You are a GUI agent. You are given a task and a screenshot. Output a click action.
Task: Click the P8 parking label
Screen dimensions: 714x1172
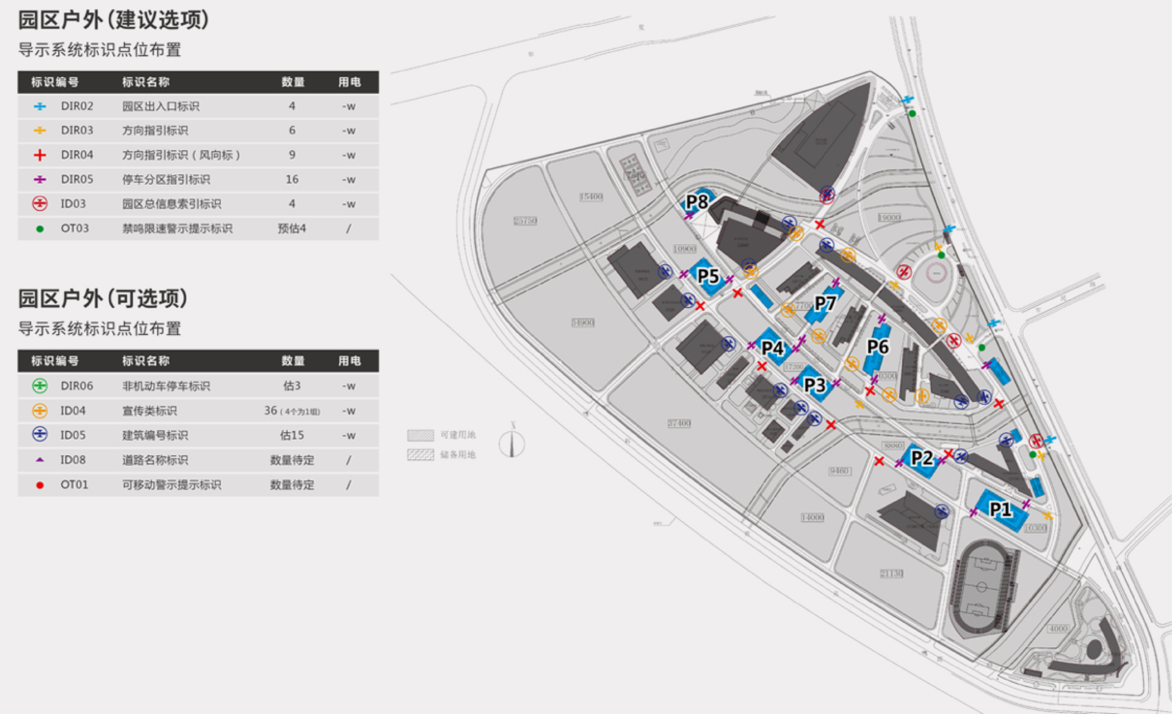696,201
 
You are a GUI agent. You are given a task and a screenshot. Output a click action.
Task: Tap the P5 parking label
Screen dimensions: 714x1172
708,276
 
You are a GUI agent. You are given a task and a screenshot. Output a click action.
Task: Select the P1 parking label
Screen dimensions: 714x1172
1000,509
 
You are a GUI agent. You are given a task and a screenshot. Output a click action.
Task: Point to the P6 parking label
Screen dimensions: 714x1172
878,347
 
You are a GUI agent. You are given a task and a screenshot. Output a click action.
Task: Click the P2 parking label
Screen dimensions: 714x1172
922,458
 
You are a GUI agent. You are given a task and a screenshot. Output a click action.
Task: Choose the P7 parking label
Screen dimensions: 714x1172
825,303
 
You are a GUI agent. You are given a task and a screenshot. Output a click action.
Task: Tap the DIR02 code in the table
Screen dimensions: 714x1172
77,106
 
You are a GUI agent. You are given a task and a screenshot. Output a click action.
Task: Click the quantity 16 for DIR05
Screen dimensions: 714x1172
292,179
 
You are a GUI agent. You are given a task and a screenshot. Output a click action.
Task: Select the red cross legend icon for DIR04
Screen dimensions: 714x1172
40,155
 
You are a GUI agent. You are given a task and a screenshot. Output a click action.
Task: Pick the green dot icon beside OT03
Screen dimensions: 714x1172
40,229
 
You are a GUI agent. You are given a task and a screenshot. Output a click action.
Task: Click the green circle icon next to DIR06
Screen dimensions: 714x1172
40,386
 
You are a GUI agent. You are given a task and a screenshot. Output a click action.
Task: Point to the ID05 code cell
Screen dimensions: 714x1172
73,435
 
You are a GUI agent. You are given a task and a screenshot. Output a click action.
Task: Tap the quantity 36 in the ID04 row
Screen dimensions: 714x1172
271,411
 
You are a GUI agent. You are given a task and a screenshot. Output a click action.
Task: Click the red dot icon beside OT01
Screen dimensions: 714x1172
40,485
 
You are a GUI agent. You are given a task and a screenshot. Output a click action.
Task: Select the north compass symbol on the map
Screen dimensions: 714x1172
512,443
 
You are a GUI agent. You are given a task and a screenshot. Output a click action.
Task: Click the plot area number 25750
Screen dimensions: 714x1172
525,221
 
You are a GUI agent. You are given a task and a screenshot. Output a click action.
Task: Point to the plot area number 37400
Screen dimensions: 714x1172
679,423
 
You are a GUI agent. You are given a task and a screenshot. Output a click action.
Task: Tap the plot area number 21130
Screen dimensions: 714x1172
891,574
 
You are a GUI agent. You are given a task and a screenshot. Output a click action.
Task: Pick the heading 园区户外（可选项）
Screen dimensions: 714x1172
103,298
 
